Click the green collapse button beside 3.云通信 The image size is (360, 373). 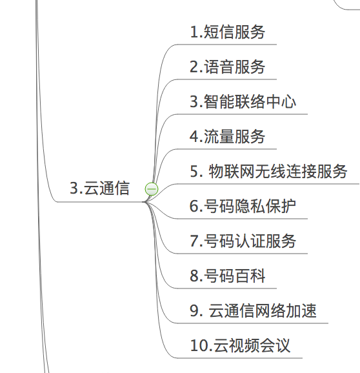[152, 189]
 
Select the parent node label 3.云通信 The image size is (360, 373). [99, 188]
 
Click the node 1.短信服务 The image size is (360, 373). [227, 32]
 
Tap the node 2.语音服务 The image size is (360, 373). [227, 66]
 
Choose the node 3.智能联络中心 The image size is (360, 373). [243, 101]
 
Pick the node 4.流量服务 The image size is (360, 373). [227, 137]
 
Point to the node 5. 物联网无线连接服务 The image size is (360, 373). [268, 171]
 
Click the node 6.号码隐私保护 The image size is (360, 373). [243, 206]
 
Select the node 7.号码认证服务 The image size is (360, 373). [243, 241]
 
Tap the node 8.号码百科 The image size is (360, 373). [227, 276]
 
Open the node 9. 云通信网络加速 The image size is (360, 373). [253, 310]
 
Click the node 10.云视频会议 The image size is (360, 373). [240, 345]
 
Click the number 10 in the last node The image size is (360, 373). [199, 345]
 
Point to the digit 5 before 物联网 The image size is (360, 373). [194, 171]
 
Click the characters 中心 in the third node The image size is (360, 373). [281, 101]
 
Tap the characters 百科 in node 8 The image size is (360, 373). [250, 276]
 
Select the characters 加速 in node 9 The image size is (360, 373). [301, 310]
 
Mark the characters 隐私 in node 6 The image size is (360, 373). [250, 206]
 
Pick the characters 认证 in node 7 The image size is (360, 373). [250, 241]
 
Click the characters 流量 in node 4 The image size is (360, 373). [219, 137]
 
